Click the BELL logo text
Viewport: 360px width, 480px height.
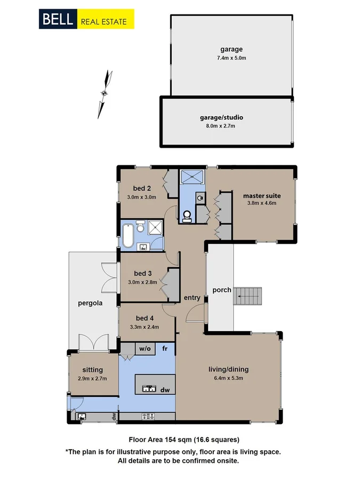pyautogui.click(x=58, y=20)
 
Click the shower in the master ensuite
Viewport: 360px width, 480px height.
pyautogui.click(x=192, y=177)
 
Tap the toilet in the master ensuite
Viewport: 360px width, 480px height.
pyautogui.click(x=187, y=215)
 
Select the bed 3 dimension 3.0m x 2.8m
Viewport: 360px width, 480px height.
pyautogui.click(x=142, y=282)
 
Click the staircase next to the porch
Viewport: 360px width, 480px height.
pyautogui.click(x=249, y=296)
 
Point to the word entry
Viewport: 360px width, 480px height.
pyautogui.click(x=192, y=298)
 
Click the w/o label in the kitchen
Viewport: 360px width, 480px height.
pyautogui.click(x=145, y=349)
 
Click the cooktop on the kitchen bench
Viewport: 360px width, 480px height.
pyautogui.click(x=149, y=416)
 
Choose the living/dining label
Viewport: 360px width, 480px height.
pyautogui.click(x=228, y=369)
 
